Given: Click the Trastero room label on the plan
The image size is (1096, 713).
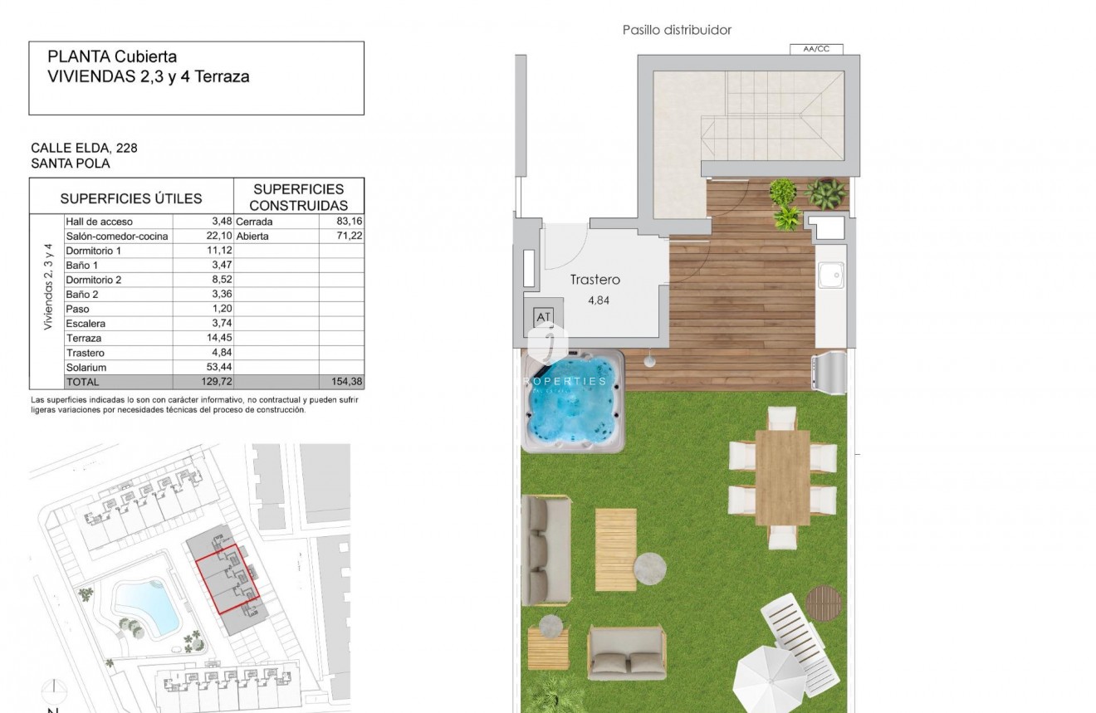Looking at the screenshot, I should [x=594, y=280].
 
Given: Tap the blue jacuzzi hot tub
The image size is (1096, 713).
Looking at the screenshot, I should [x=573, y=401].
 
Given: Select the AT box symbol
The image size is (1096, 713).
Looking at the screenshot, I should [x=544, y=317].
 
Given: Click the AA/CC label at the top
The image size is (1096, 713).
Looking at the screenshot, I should [x=816, y=49].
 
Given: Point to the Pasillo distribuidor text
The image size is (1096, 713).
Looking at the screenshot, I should [x=677, y=30].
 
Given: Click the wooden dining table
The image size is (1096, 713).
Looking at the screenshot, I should [x=783, y=477].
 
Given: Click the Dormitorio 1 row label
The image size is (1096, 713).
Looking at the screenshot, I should [x=93, y=251].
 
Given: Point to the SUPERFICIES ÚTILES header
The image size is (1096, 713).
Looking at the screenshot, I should [x=131, y=198].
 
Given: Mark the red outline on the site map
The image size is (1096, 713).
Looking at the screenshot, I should [x=228, y=579].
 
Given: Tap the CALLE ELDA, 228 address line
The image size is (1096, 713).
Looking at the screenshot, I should [x=84, y=148].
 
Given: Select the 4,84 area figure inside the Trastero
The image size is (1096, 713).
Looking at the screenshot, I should [x=598, y=300].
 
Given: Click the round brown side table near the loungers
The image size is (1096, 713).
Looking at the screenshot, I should [x=824, y=602].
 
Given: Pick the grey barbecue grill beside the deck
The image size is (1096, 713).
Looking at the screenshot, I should [x=830, y=371].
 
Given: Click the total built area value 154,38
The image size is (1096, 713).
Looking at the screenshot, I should [x=344, y=382].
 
